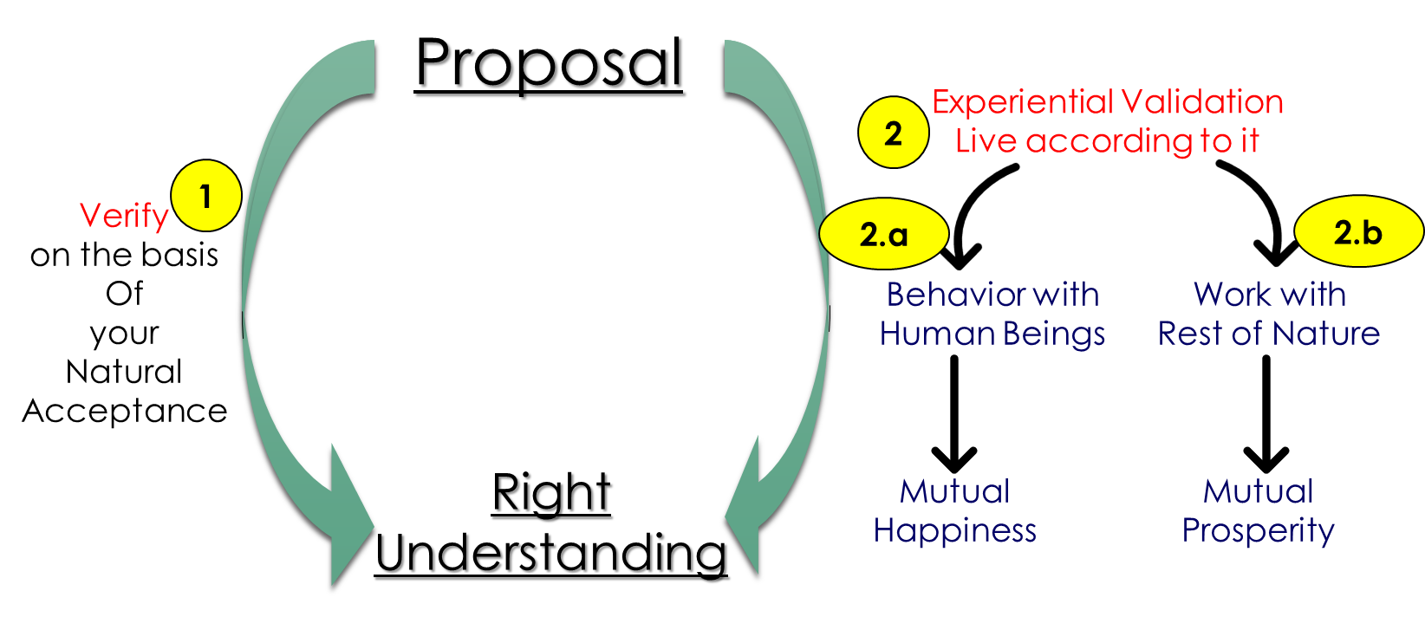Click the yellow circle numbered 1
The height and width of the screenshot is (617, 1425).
205,196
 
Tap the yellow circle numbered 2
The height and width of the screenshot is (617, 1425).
893,133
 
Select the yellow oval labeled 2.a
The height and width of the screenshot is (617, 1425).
883,235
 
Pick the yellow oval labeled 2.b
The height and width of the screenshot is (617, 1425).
1357,231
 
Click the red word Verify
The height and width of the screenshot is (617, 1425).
123,216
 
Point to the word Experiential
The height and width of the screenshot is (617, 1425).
1023,102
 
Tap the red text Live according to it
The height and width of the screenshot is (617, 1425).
1106,140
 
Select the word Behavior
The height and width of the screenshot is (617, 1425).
948,296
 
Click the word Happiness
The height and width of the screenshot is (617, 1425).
954,530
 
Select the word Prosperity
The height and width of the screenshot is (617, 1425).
1258,530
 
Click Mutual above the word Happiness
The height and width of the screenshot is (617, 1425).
954,492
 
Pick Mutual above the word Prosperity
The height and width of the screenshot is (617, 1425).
1258,492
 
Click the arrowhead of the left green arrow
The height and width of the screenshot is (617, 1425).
347,520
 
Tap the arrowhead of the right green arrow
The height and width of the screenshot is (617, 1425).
746,511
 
